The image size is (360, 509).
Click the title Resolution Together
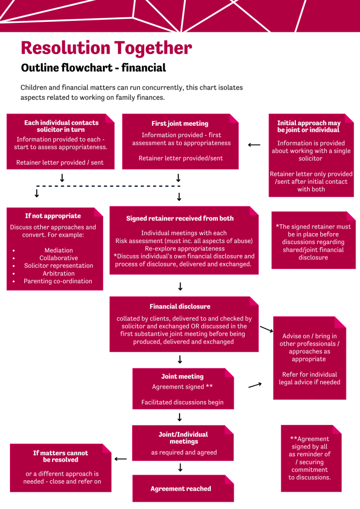tap(106, 48)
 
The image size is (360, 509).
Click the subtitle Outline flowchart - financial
tap(93, 68)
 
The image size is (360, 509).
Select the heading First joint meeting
tap(180, 124)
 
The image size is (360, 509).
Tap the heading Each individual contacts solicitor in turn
tap(62, 126)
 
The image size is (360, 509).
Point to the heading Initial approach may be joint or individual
tap(309, 126)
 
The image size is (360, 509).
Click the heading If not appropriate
tap(53, 216)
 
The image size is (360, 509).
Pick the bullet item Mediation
tap(59, 251)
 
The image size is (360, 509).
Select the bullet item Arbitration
tap(59, 273)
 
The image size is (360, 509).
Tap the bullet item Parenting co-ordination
tap(58, 281)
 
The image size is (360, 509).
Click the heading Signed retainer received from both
tap(180, 219)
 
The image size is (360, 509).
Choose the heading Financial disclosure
tap(180, 307)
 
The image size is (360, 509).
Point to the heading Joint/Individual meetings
tap(183, 438)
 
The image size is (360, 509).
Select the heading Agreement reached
tap(180, 489)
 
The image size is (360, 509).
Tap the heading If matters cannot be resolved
tap(61, 456)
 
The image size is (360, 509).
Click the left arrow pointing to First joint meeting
tap(254, 145)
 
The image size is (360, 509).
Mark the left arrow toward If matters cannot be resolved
tap(121, 459)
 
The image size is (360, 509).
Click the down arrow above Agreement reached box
tap(180, 468)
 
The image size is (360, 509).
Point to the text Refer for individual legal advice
tap(309, 378)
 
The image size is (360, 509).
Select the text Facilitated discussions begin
tap(182, 403)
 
